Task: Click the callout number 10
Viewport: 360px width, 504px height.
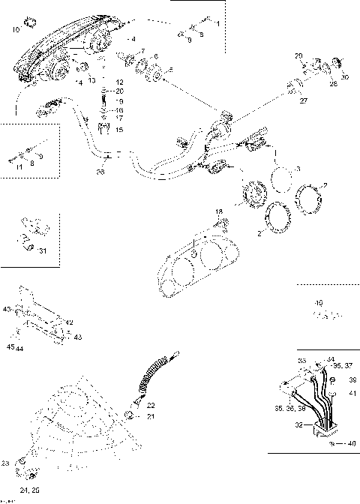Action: pyautogui.click(x=16, y=29)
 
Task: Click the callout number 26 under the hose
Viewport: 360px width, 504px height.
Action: pyautogui.click(x=100, y=172)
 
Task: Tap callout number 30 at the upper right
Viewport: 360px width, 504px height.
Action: pyautogui.click(x=345, y=77)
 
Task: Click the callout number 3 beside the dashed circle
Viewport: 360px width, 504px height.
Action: pyautogui.click(x=298, y=169)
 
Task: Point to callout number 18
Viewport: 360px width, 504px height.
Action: pyautogui.click(x=219, y=212)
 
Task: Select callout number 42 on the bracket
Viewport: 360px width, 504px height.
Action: pyautogui.click(x=70, y=322)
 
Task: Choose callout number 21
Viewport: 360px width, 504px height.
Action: pyautogui.click(x=150, y=416)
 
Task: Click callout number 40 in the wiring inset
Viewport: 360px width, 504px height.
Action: pyautogui.click(x=351, y=444)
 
